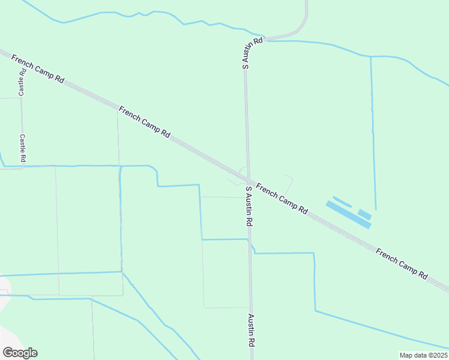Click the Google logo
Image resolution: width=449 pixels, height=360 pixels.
[x=20, y=353]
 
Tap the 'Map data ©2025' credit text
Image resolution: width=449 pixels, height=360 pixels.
[x=423, y=355]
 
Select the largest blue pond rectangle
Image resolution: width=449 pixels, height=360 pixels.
[x=349, y=214]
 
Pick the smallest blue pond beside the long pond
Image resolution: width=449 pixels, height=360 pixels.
[x=364, y=214]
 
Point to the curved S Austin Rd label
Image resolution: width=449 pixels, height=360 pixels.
[x=252, y=53]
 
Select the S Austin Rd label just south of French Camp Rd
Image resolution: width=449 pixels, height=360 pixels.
[x=249, y=205]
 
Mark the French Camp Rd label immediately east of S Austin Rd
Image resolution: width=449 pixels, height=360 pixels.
[x=282, y=199]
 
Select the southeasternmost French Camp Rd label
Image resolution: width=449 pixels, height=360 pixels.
[x=402, y=264]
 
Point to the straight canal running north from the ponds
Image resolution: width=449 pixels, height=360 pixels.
[x=373, y=132]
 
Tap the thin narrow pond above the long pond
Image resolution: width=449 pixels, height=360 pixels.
[x=342, y=202]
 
